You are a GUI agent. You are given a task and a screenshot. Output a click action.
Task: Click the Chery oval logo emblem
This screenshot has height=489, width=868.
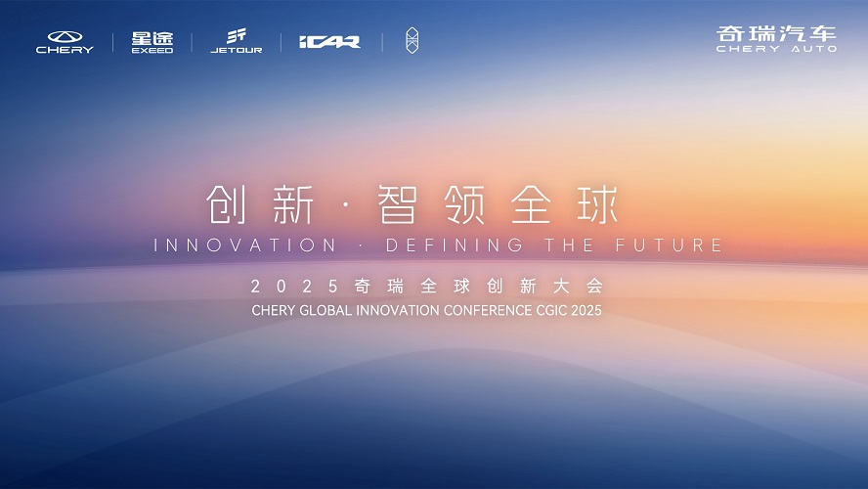pos(65,37)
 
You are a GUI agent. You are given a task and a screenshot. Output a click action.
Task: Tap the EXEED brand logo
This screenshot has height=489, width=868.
pos(152,42)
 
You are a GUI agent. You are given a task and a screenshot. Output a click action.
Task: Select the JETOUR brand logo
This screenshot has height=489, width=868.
pos(237,41)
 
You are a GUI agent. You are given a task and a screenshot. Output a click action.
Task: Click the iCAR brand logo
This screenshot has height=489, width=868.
pos(330,41)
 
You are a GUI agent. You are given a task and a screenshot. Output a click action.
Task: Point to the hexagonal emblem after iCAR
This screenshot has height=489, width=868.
pos(412,40)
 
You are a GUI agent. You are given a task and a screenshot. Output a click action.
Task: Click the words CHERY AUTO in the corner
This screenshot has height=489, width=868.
pos(776,49)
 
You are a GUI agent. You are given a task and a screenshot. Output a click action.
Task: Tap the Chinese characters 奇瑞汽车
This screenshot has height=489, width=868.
pos(776,33)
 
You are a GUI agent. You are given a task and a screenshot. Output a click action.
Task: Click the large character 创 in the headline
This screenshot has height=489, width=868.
pos(226,204)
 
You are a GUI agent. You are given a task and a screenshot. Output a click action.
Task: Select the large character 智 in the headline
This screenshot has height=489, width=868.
pos(397,204)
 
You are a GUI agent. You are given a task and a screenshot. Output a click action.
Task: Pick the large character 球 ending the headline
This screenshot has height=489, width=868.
pos(598,204)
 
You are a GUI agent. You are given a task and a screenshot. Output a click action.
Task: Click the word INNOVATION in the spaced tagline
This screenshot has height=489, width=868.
pos(244,244)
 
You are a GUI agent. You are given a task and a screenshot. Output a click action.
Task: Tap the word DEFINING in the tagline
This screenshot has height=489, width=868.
pos(454,244)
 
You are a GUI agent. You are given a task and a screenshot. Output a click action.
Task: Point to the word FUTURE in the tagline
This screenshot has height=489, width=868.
pos(669,244)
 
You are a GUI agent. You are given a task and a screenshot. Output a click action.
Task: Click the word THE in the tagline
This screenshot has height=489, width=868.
pos(569,244)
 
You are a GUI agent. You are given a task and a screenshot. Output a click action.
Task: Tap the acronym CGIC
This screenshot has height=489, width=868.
pos(551,310)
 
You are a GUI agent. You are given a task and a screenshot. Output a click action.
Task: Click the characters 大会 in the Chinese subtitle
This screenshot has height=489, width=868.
pos(578,286)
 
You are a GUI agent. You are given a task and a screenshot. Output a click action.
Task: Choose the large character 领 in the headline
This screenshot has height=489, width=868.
pos(465,204)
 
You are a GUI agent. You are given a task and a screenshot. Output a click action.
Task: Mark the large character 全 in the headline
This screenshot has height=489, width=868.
pos(531,204)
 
